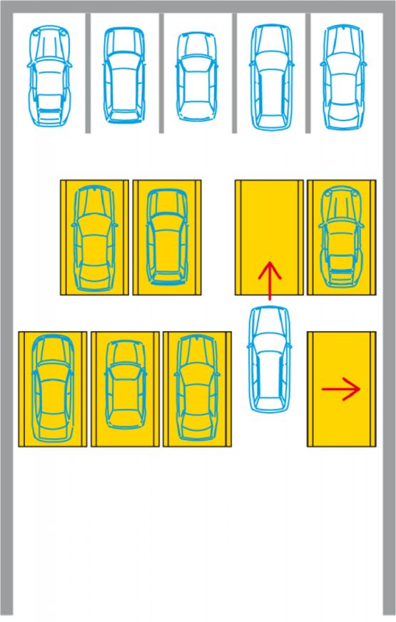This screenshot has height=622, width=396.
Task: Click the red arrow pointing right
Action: click(341, 389)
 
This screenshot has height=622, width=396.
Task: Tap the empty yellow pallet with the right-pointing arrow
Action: click(341, 421)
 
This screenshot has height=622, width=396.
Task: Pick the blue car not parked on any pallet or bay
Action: click(269, 359)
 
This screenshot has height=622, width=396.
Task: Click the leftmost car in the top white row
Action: click(49, 76)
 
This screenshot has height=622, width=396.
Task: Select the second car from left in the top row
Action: click(123, 75)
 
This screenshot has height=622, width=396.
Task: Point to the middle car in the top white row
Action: click(196, 76)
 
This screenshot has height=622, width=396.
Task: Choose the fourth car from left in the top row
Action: click(270, 77)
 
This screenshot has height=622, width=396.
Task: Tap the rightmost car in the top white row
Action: click(342, 77)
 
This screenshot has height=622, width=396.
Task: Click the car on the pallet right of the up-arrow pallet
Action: click(341, 238)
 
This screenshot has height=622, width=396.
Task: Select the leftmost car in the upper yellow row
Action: click(94, 238)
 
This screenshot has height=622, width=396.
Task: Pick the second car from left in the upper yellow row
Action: click(166, 238)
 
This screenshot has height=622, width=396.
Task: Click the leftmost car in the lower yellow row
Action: click(53, 389)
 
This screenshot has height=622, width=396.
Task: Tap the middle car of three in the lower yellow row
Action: click(125, 389)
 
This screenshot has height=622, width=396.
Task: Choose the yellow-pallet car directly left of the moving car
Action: click(197, 389)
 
